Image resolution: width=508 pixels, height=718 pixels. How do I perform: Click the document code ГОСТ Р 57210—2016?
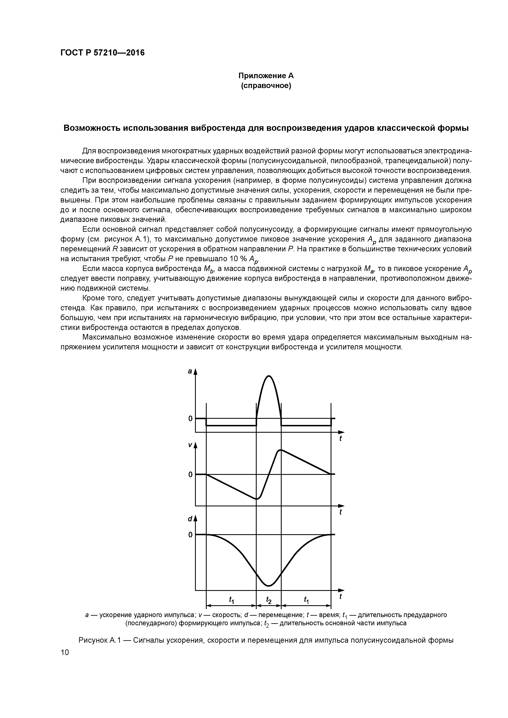102,53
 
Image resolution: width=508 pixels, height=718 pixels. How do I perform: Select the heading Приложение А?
266,76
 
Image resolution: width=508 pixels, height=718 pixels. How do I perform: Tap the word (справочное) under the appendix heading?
266,86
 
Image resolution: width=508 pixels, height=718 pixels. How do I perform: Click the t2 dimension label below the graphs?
269,600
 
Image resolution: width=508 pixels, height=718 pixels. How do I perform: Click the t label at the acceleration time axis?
341,439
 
